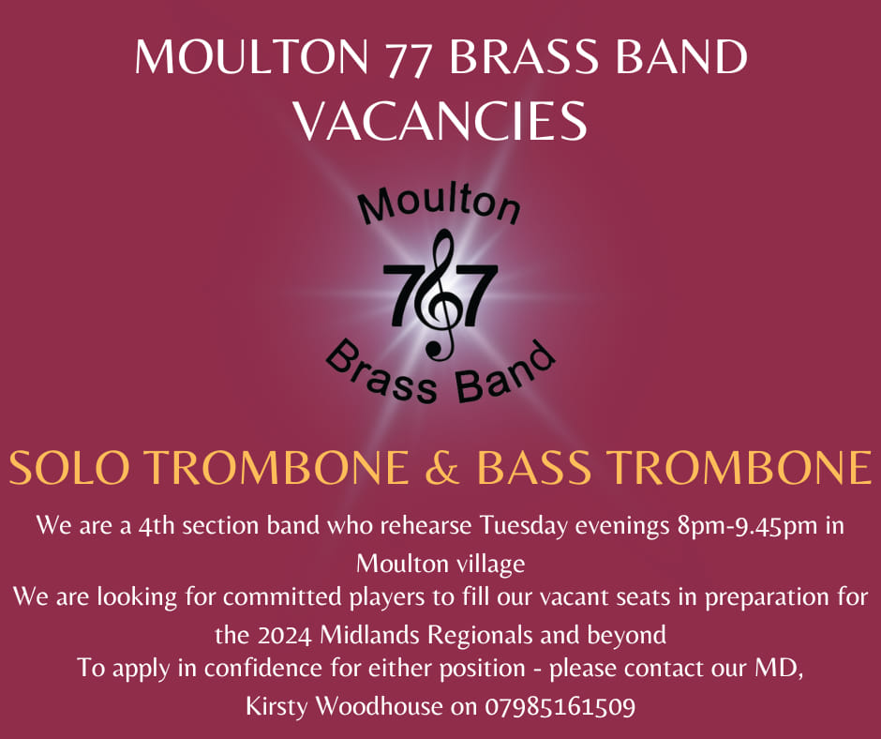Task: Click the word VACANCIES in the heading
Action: coord(441,120)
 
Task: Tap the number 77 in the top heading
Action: coord(408,58)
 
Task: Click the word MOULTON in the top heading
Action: coord(251,57)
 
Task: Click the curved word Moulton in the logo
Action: coord(440,205)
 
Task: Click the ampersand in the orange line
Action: coord(442,467)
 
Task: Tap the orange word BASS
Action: coord(534,467)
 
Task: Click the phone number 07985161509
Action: coord(560,706)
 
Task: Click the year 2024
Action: coord(285,636)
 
